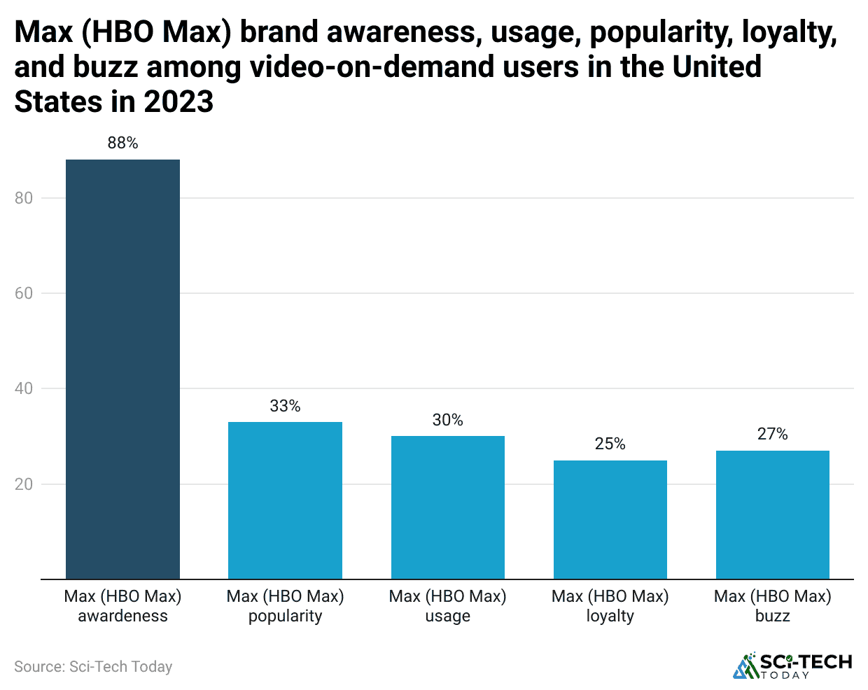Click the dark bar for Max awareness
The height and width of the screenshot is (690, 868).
122,369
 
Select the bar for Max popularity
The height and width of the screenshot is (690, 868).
285,500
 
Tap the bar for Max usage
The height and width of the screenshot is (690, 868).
447,507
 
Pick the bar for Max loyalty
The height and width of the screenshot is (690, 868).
610,519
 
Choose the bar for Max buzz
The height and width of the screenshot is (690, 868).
772,514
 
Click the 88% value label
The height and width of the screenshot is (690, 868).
122,143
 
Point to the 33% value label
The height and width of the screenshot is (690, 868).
285,406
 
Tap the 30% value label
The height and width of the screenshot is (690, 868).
447,420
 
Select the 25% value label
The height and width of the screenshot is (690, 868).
610,444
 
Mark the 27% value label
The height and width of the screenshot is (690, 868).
772,435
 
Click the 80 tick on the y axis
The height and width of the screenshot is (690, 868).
24,198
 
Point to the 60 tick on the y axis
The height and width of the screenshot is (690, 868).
24,293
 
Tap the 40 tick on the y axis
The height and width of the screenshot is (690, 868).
24,388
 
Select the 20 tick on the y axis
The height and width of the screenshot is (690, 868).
24,484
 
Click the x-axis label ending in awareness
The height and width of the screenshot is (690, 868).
122,606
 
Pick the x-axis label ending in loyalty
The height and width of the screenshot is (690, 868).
610,606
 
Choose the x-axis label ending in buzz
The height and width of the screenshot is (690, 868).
772,606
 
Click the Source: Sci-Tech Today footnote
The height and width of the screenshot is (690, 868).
93,667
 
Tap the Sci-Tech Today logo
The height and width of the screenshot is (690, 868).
792,666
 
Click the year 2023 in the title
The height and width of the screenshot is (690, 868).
178,102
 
